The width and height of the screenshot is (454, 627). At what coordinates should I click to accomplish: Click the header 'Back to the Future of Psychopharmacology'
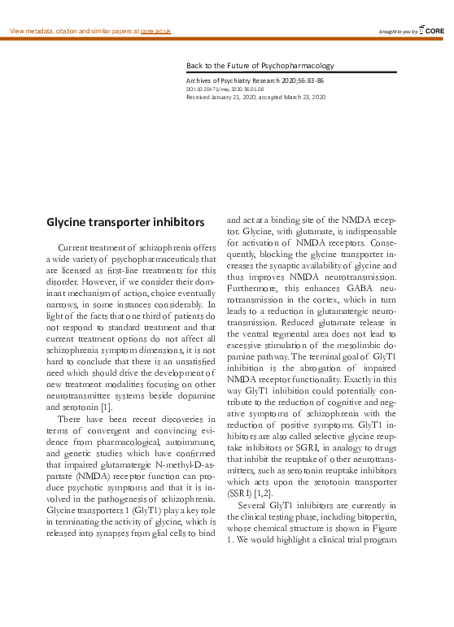[x=260, y=65]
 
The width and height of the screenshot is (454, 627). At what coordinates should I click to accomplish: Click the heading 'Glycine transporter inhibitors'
[x=124, y=221]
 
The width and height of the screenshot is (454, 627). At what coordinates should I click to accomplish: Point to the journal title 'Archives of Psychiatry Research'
[x=233, y=81]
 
